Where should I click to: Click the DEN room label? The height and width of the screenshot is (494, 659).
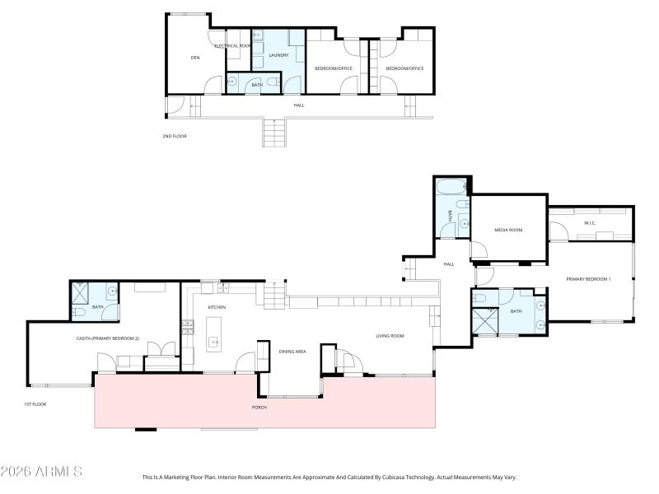tap(195, 58)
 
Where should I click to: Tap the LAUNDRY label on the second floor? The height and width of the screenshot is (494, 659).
tap(278, 56)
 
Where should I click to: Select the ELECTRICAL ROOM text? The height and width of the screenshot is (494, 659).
tap(232, 46)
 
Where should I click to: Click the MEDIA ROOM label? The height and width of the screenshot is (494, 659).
tap(508, 230)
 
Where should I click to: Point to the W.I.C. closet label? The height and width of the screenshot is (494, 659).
tap(590, 222)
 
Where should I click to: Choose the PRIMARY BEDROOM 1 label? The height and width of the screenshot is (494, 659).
tap(588, 280)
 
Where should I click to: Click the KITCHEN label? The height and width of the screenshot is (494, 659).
tap(217, 307)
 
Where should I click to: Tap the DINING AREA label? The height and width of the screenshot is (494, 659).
tap(292, 352)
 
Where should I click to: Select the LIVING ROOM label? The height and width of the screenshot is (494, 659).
tap(389, 336)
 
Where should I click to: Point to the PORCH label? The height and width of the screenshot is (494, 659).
tap(259, 408)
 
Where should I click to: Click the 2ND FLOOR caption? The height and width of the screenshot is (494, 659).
tap(175, 136)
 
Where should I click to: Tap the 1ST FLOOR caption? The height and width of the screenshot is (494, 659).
tap(35, 405)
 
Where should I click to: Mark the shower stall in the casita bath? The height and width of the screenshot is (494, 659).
tap(81, 291)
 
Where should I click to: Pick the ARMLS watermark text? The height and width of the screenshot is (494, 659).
tap(41, 472)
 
